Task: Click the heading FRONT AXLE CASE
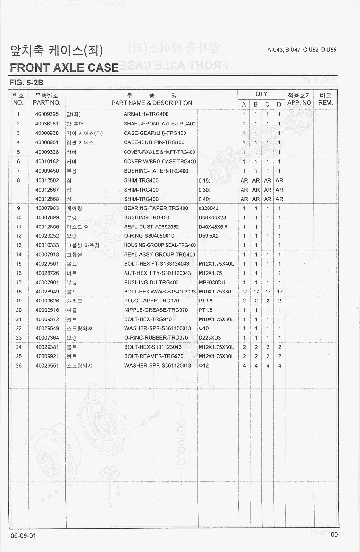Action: [x=64, y=67]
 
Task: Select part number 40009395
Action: [x=47, y=114]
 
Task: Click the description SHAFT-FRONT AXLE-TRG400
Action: [x=159, y=124]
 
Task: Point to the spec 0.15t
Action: [x=205, y=180]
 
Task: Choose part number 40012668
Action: [x=47, y=199]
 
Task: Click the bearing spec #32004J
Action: [x=209, y=208]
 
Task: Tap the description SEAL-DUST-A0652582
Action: [x=151, y=226]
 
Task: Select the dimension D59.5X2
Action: [x=209, y=236]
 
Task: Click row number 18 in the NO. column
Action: [x=19, y=292]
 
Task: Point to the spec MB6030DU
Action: [x=212, y=282]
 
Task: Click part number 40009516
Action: [x=47, y=310]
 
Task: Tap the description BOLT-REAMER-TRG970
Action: [x=154, y=356]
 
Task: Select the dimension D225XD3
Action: [x=210, y=338]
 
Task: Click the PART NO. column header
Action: [x=47, y=103]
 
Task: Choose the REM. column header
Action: [x=326, y=102]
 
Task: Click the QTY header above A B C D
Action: [x=261, y=94]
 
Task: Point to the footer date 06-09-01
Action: [x=23, y=535]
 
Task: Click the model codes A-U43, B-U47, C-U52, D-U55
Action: [x=301, y=50]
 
